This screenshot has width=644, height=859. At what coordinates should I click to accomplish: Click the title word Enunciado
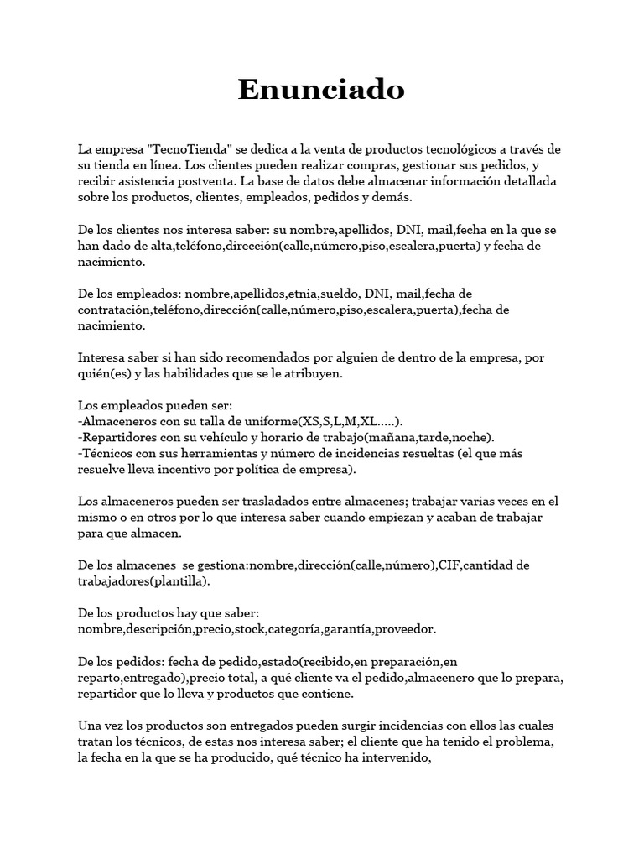coord(321,88)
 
